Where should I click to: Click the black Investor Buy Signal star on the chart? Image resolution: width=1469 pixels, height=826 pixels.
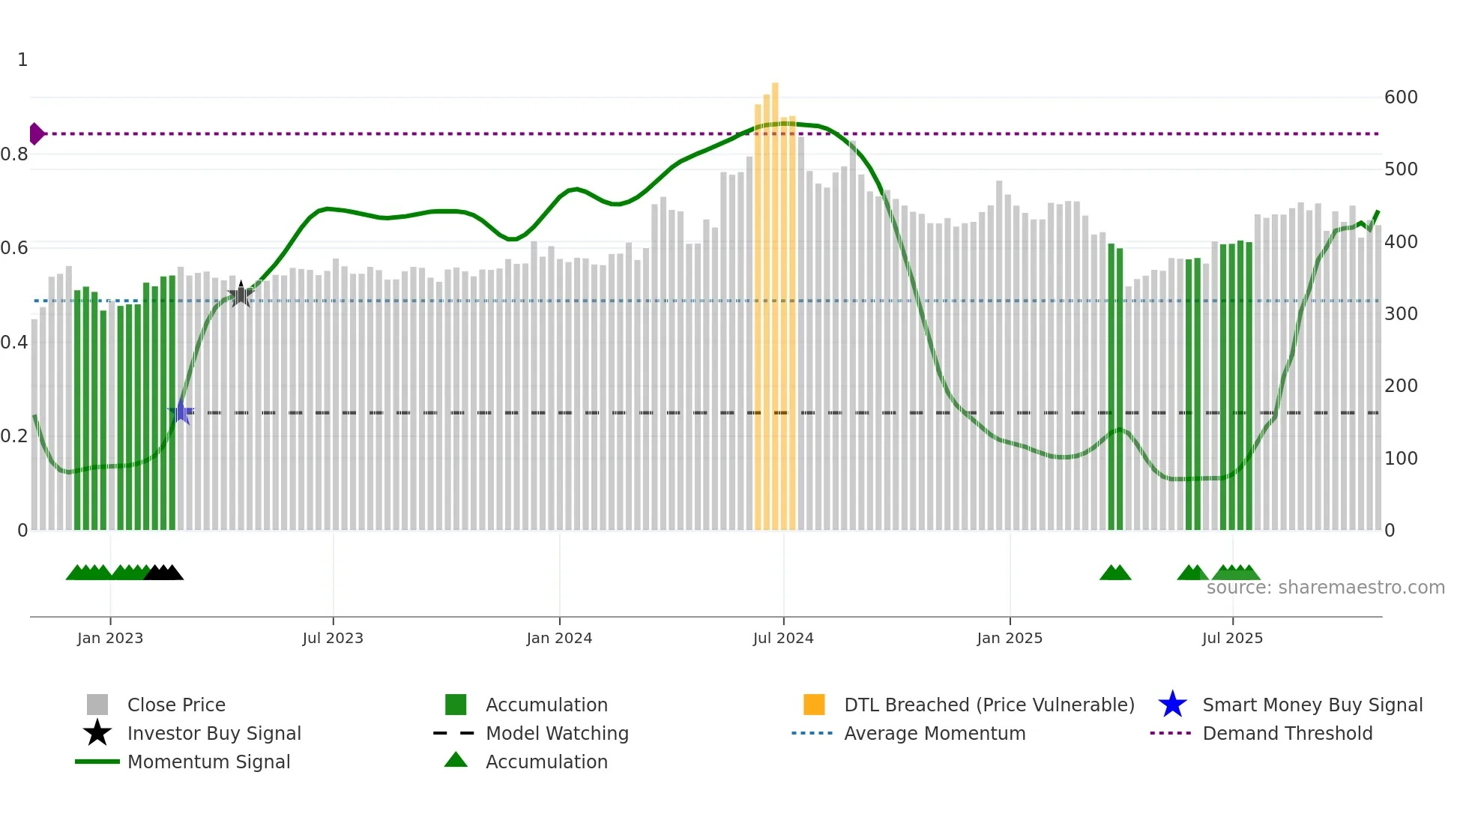pyautogui.click(x=241, y=295)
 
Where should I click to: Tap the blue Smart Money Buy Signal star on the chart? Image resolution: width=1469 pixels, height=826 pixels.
pyautogui.click(x=181, y=412)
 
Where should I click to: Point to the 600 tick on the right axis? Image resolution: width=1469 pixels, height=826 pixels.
pyautogui.click(x=1400, y=97)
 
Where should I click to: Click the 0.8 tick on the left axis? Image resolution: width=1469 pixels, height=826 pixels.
pyautogui.click(x=15, y=154)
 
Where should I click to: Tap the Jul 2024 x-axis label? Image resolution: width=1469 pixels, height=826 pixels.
pyautogui.click(x=783, y=638)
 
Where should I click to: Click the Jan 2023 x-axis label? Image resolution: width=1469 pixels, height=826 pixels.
pyautogui.click(x=110, y=638)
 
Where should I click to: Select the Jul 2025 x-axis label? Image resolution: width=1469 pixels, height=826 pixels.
pyautogui.click(x=1232, y=638)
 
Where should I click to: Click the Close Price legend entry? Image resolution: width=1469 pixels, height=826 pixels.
pyautogui.click(x=176, y=705)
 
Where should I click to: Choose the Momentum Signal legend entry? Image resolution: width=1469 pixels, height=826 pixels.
pyautogui.click(x=208, y=762)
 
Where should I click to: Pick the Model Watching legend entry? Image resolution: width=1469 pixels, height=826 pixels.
pyautogui.click(x=557, y=733)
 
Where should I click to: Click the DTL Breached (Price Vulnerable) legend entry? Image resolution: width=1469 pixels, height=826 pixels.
pyautogui.click(x=989, y=705)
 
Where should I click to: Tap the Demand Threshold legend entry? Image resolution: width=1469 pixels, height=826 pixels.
pyautogui.click(x=1287, y=733)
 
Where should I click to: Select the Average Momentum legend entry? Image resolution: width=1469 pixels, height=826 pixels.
pyautogui.click(x=935, y=733)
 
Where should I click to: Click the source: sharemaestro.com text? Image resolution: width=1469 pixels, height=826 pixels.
pyautogui.click(x=1325, y=588)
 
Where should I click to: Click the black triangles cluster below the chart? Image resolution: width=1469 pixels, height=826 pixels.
pyautogui.click(x=163, y=573)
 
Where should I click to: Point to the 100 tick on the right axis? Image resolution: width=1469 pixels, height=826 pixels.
pyautogui.click(x=1400, y=458)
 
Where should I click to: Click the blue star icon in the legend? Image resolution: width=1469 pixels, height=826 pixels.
pyautogui.click(x=1172, y=705)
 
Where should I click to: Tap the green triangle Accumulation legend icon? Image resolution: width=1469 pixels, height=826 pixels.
pyautogui.click(x=456, y=761)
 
